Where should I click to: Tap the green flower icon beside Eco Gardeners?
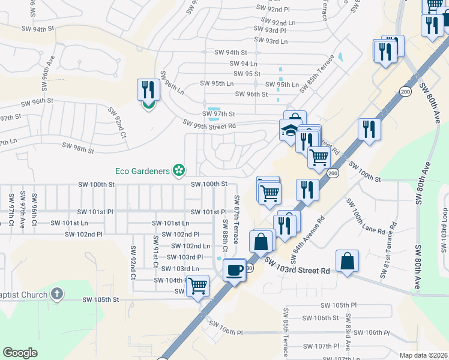click(178, 171)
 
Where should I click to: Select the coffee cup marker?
click(234, 269)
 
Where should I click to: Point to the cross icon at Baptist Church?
click(57, 294)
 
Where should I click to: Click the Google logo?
click(20, 353)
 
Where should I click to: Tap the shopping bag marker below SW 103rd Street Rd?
click(347, 261)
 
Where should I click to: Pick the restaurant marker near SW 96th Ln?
click(148, 90)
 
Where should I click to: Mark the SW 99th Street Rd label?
click(209, 124)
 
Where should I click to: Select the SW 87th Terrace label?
click(236, 219)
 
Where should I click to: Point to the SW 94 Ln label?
click(244, 63)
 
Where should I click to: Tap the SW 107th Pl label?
click(322, 346)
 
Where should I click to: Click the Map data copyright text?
click(423, 355)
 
